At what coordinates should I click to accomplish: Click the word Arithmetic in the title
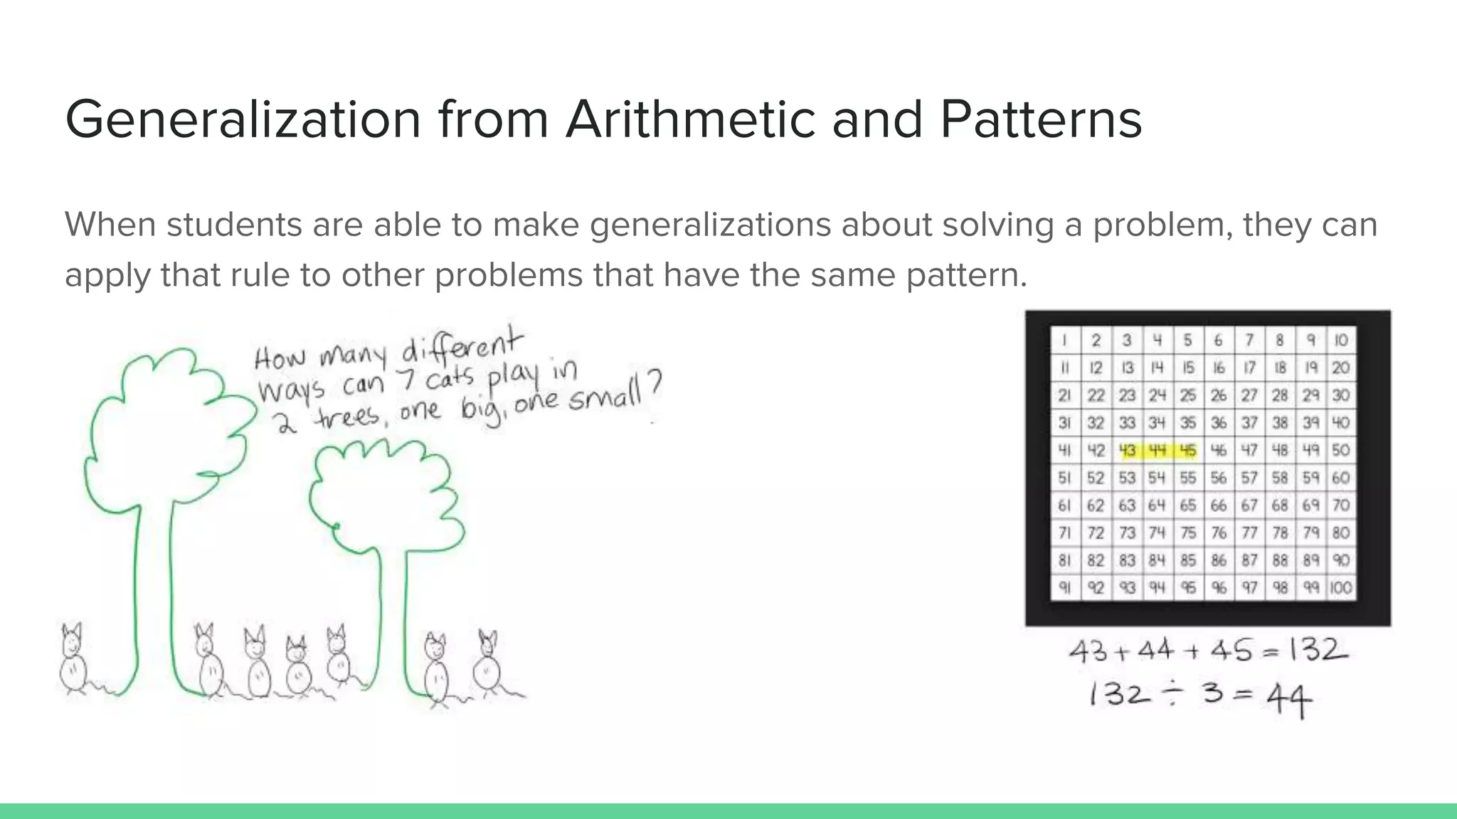[690, 119]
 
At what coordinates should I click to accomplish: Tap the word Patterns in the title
[1041, 119]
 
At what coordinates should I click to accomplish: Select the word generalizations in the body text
[710, 225]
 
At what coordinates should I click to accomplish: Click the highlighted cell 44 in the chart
[1157, 450]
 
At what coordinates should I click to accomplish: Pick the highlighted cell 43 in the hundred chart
[1127, 450]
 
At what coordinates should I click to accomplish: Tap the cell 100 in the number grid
[1341, 588]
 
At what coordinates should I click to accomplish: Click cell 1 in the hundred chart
[1064, 341]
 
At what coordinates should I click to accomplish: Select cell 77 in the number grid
[1249, 532]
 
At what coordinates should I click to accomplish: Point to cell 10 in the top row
[1341, 341]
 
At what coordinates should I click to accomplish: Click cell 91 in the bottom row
[1064, 588]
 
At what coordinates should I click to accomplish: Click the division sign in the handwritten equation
[1174, 693]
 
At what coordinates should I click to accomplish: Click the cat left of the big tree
[73, 659]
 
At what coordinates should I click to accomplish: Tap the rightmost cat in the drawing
[488, 663]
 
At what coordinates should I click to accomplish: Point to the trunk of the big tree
[153, 590]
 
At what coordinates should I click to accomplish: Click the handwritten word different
[462, 347]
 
